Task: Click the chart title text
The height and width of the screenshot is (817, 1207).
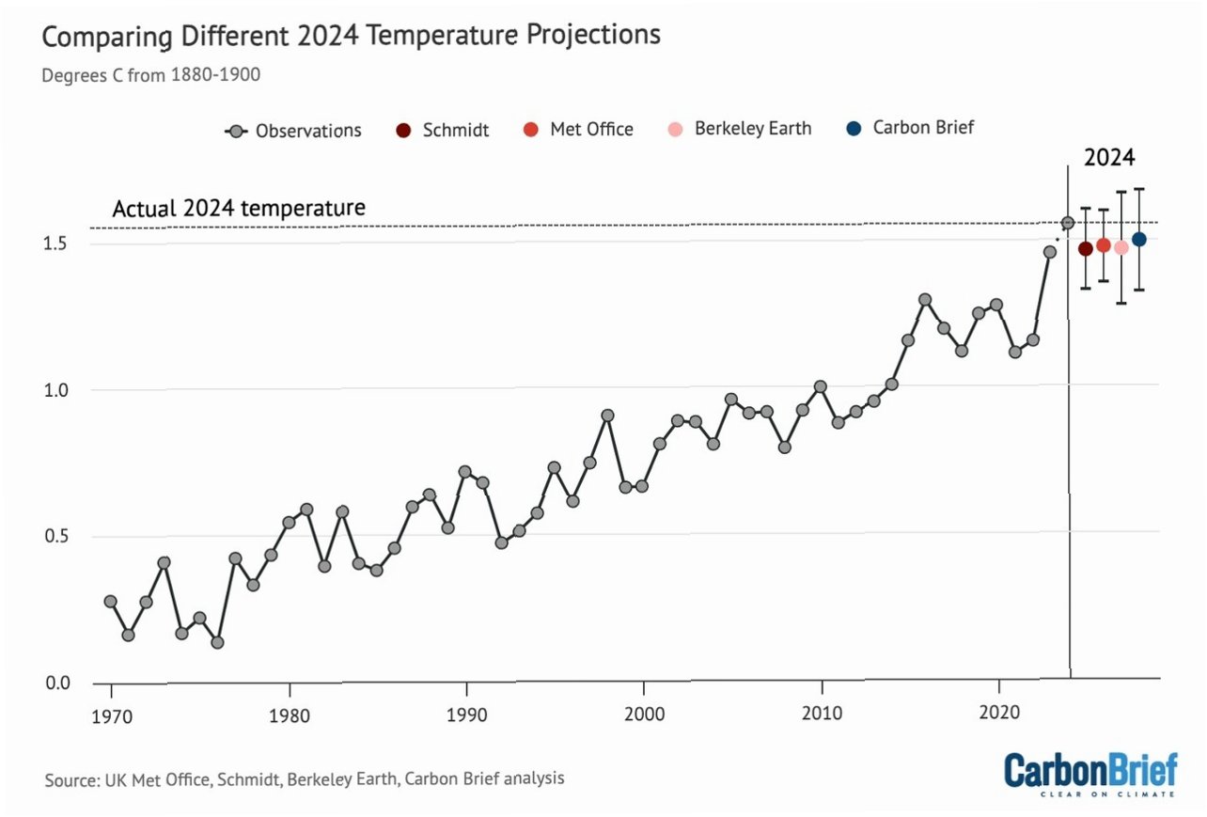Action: click(351, 37)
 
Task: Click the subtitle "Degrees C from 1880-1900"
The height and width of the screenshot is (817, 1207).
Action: click(150, 75)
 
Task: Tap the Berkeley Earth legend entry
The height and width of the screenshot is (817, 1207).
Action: click(739, 129)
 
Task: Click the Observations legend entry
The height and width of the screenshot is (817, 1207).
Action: click(294, 131)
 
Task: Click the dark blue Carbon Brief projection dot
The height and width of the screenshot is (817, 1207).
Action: click(1138, 240)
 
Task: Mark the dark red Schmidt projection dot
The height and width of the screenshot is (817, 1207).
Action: click(1085, 249)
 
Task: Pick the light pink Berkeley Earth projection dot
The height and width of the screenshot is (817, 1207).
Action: click(1121, 247)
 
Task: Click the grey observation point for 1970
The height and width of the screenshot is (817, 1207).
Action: click(111, 602)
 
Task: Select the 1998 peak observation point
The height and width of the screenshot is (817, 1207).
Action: click(608, 416)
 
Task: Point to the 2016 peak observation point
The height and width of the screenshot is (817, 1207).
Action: click(925, 300)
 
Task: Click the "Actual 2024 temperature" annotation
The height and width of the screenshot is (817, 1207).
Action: click(239, 208)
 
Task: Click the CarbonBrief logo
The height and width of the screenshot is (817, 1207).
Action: click(1090, 773)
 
